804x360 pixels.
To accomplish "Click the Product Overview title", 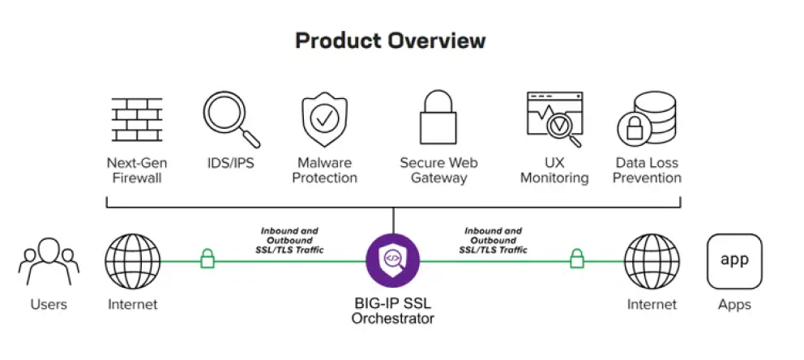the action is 390,41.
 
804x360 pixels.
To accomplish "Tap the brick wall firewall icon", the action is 137,119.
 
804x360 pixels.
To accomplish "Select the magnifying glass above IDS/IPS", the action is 231,119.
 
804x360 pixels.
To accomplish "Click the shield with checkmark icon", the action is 324,119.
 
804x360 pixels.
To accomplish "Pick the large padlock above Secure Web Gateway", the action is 438,118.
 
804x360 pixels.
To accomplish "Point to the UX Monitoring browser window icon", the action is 555,119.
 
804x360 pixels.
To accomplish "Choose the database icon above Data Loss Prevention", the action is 647,119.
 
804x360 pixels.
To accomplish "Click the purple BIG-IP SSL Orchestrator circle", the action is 393,260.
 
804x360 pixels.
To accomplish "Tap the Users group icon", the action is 49,262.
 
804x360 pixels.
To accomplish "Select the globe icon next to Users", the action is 133,262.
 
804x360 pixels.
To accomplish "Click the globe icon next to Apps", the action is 652,262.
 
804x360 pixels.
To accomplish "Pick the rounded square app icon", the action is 734,262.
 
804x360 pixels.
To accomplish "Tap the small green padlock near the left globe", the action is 207,259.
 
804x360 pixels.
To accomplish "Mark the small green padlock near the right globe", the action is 577,259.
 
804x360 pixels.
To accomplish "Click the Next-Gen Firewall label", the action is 137,170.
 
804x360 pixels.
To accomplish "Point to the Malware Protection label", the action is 324,170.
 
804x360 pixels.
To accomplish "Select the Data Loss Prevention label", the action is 647,170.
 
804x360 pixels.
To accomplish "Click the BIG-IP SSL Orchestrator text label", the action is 393,311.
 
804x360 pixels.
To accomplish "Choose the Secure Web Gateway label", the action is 438,170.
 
